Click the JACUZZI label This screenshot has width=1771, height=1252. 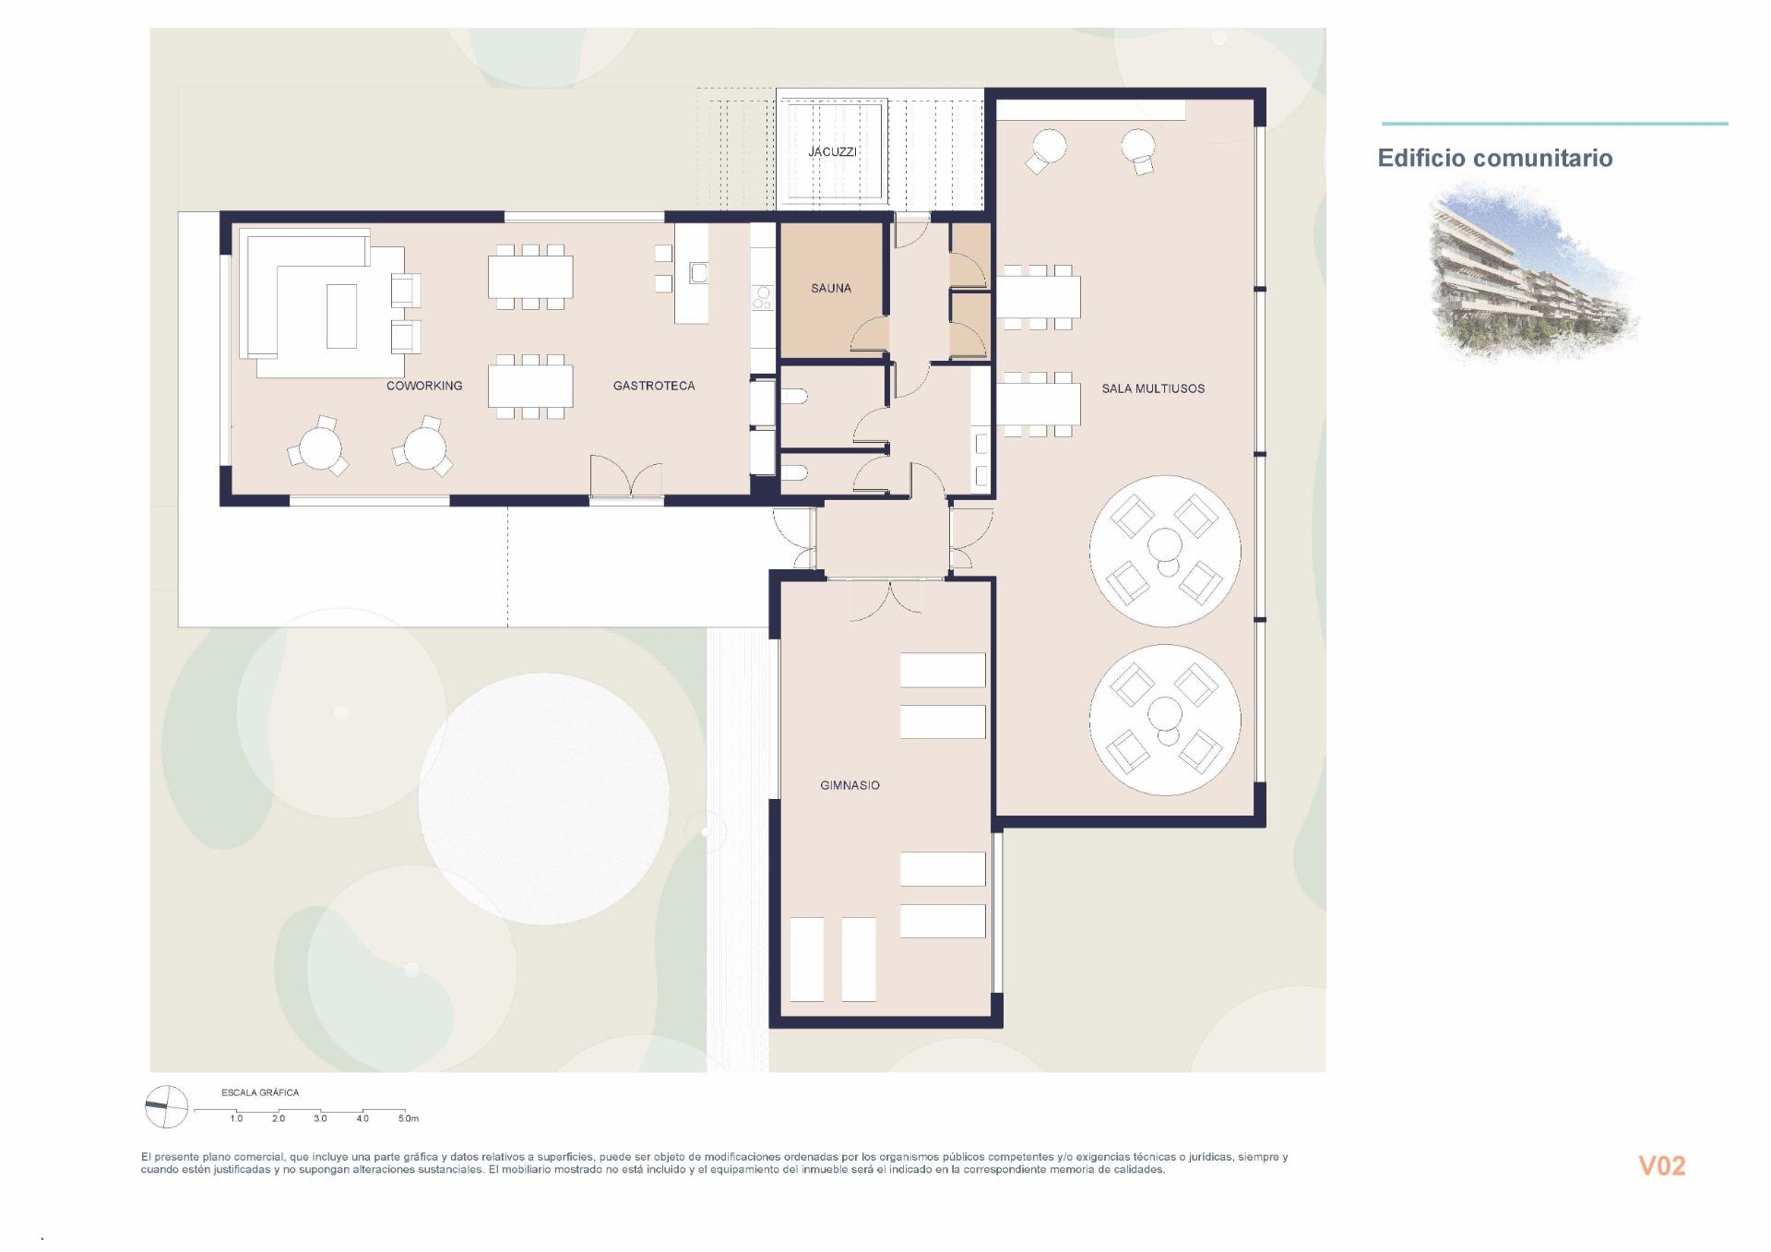tap(832, 151)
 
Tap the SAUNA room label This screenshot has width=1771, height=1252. tap(830, 288)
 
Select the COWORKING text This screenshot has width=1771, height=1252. tap(424, 386)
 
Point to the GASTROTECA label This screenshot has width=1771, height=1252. tap(654, 386)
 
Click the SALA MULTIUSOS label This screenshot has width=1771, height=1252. tap(1153, 388)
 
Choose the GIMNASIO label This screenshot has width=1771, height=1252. tap(850, 785)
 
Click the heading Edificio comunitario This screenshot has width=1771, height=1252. tap(1494, 158)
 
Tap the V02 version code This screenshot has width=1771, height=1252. tap(1661, 1166)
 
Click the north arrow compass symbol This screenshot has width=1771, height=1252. tap(166, 1106)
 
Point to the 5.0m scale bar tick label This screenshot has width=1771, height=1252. tap(408, 1118)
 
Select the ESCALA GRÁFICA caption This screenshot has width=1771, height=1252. tap(260, 1092)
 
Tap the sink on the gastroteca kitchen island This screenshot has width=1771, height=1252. tap(698, 272)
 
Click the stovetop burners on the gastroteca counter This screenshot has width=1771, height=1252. tap(763, 297)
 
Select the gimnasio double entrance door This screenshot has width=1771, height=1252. tap(886, 600)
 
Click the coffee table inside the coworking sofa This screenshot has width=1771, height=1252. tap(341, 316)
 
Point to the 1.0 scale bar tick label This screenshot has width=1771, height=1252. tap(236, 1118)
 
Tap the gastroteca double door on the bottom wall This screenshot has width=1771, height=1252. tap(626, 478)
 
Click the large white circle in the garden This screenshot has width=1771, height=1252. tap(544, 798)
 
